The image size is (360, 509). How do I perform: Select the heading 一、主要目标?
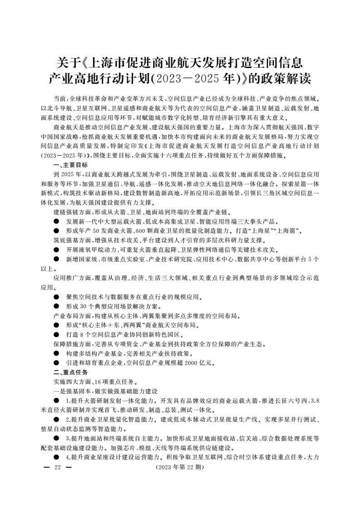pyautogui.click(x=70, y=165)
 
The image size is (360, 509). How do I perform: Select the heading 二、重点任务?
pyautogui.click(x=70, y=372)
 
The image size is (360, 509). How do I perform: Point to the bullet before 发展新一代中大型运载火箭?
pyautogui.click(x=56, y=221)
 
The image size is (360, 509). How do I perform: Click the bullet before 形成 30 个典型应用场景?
pyautogui.click(x=56, y=306)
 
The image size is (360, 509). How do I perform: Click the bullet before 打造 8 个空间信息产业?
pyautogui.click(x=56, y=334)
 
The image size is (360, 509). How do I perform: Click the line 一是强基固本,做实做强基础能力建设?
pyautogui.click(x=105, y=391)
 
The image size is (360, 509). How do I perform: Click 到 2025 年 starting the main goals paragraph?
pyautogui.click(x=68, y=174)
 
